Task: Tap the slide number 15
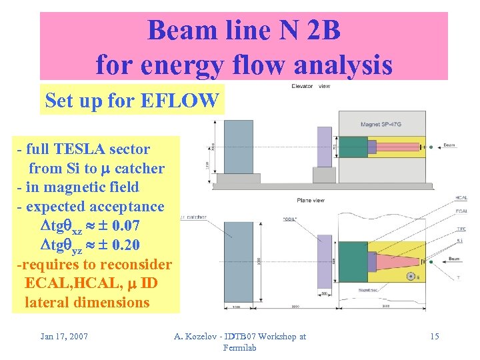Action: [x=434, y=336]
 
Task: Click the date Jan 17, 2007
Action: [x=64, y=336]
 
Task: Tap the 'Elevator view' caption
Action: [x=311, y=86]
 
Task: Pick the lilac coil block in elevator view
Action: [x=324, y=147]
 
